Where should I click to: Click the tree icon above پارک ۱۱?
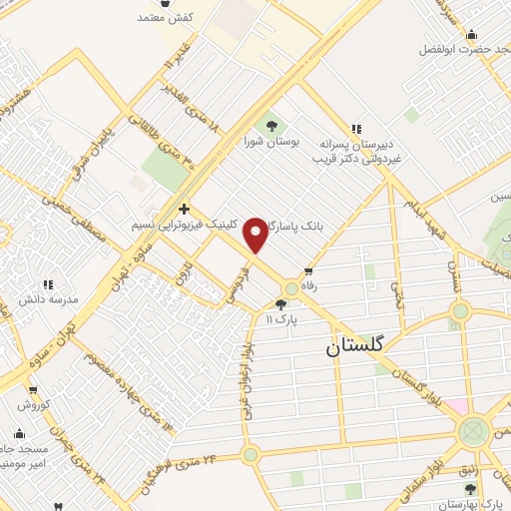(280, 303)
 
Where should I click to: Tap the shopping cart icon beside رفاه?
(308, 270)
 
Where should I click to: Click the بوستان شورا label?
(271, 141)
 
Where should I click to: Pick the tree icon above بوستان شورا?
(271, 125)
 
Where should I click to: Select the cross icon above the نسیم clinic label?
(184, 209)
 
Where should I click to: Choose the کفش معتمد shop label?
(165, 17)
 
